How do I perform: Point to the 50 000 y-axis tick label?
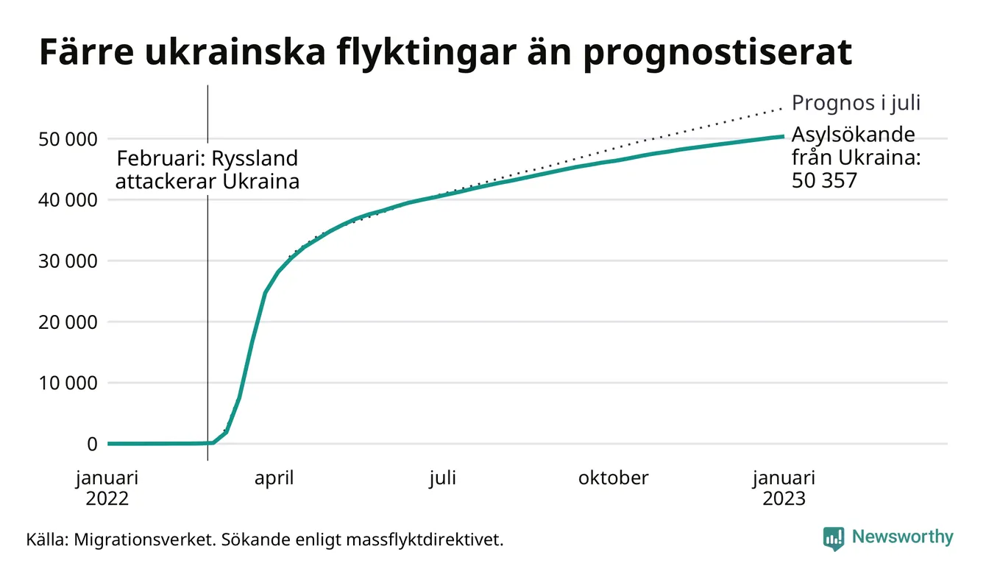coord(66,139)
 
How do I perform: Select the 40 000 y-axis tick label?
coord(66,200)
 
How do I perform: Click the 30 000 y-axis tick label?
coord(66,261)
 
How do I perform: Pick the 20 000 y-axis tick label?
coord(66,322)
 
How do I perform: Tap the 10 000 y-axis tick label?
coord(66,383)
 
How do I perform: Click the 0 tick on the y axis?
coord(91,444)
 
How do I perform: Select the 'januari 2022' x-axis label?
coord(107,488)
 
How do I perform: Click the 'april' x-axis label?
coord(274,478)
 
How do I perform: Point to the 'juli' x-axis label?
coord(443,478)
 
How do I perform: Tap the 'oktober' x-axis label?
coord(613,478)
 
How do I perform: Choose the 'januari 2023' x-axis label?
coord(784,488)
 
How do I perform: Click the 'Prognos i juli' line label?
coord(856,103)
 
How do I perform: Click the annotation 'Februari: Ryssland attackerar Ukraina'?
coord(208,170)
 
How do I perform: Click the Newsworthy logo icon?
coord(833,538)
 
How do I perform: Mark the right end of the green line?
coord(782,136)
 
